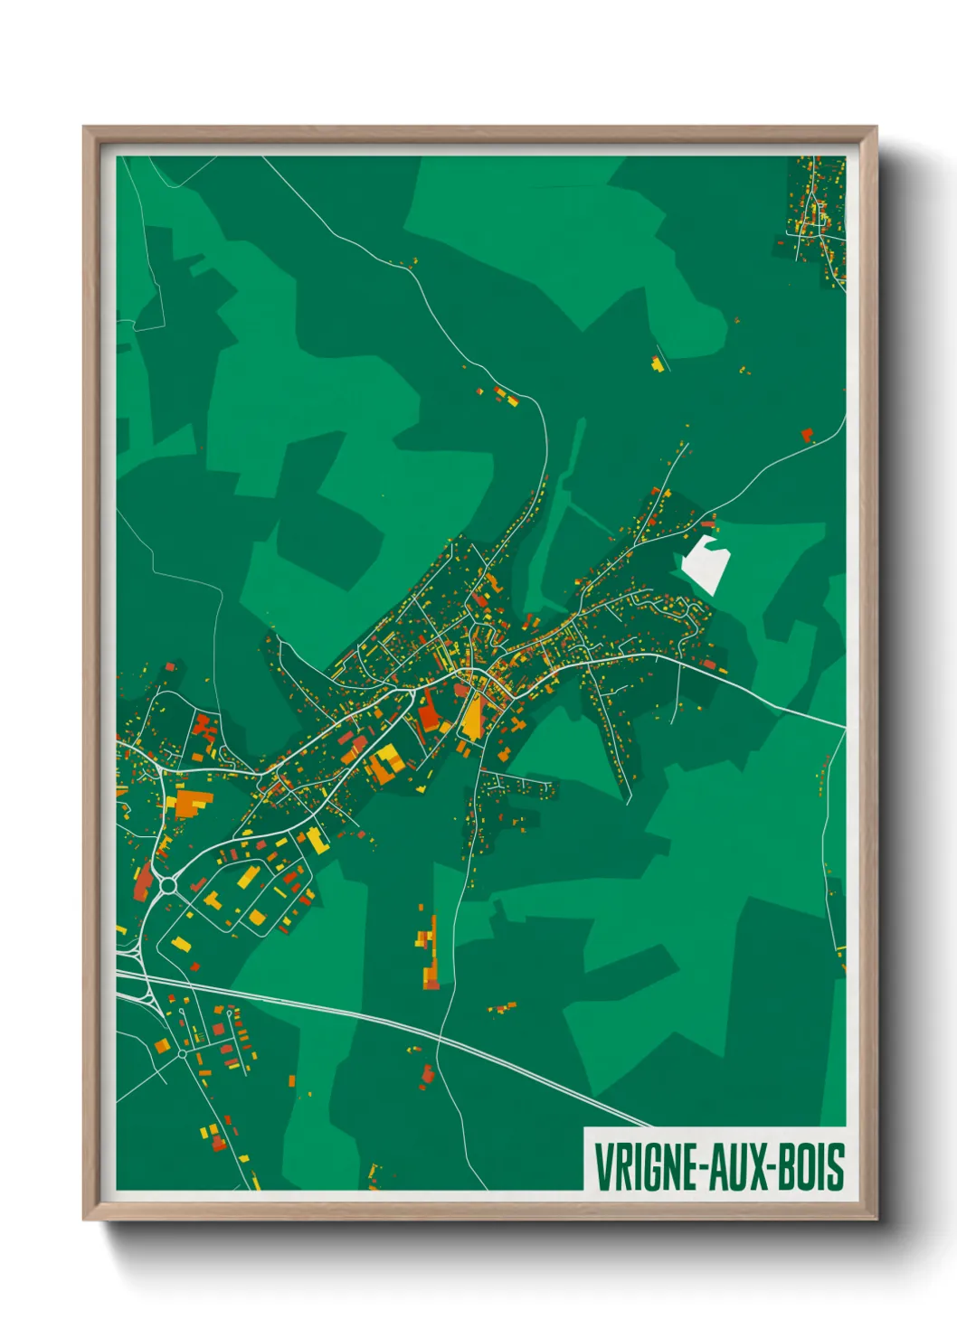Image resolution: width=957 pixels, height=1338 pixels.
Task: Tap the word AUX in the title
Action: pyautogui.click(x=733, y=1166)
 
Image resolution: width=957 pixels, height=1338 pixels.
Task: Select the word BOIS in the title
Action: pyautogui.click(x=810, y=1166)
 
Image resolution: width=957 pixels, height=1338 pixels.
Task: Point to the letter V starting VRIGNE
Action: pyautogui.click(x=602, y=1166)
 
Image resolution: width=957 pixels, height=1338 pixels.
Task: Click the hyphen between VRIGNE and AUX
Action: pyautogui.click(x=703, y=1167)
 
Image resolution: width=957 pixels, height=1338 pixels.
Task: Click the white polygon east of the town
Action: pyautogui.click(x=705, y=564)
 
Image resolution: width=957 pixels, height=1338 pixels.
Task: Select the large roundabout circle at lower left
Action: pyautogui.click(x=168, y=886)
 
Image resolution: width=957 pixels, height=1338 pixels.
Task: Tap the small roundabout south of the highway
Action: pyautogui.click(x=182, y=1053)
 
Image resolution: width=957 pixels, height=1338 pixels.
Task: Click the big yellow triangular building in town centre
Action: pyautogui.click(x=471, y=720)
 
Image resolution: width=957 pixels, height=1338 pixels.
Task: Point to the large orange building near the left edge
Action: pyautogui.click(x=192, y=803)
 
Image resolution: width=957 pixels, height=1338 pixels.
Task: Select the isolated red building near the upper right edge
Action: pyautogui.click(x=807, y=435)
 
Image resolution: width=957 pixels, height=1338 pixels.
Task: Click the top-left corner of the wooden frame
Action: pyautogui.click(x=84, y=127)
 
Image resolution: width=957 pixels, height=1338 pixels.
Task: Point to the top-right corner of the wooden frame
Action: pyautogui.click(x=876, y=127)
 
